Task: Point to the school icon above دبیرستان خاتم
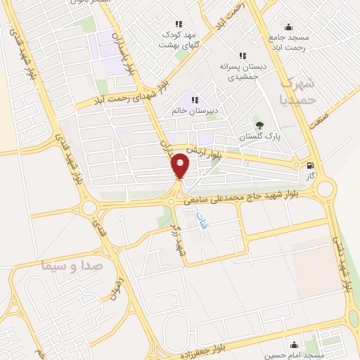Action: point(194,100)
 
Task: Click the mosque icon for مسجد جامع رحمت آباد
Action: point(288,27)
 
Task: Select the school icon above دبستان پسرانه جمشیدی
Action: point(243,56)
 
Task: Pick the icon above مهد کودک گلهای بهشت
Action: point(179,23)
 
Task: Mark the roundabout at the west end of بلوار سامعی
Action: point(89,208)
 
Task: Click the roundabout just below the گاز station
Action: point(324,188)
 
